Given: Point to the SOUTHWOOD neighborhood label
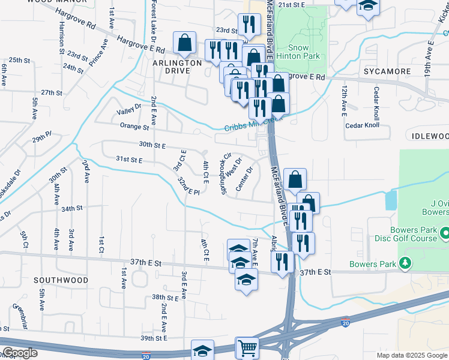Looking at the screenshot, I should tap(61, 280).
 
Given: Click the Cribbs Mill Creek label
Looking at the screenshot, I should tap(252, 125).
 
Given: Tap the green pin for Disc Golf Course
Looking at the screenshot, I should tap(445, 232).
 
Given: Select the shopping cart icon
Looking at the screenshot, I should tap(247, 348).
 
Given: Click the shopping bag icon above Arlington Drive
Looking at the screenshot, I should tap(184, 43).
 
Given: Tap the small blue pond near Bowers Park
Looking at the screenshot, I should tap(391, 199).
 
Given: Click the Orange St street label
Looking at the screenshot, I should tap(134, 127).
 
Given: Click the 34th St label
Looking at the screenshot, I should tap(71, 208).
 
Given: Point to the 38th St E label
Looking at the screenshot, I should tap(166, 297).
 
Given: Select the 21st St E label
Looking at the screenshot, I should tap(292, 4).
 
